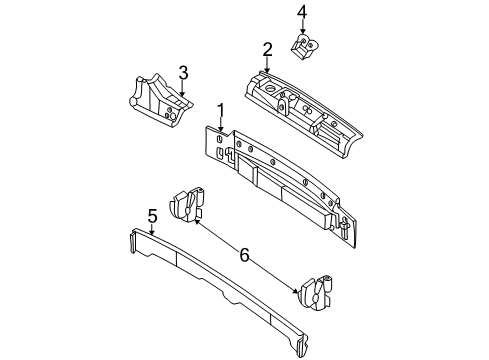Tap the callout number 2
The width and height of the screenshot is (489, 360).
coord(267,49)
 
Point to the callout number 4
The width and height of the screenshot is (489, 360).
coord(302,12)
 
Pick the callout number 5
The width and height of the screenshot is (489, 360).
coord(152,215)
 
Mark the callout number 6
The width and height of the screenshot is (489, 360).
coord(244,257)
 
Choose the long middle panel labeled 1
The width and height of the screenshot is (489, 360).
coord(280,175)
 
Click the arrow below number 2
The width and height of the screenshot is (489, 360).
coord(267,65)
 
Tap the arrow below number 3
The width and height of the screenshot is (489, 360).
coord(183,88)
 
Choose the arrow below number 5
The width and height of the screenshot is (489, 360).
coord(152,231)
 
